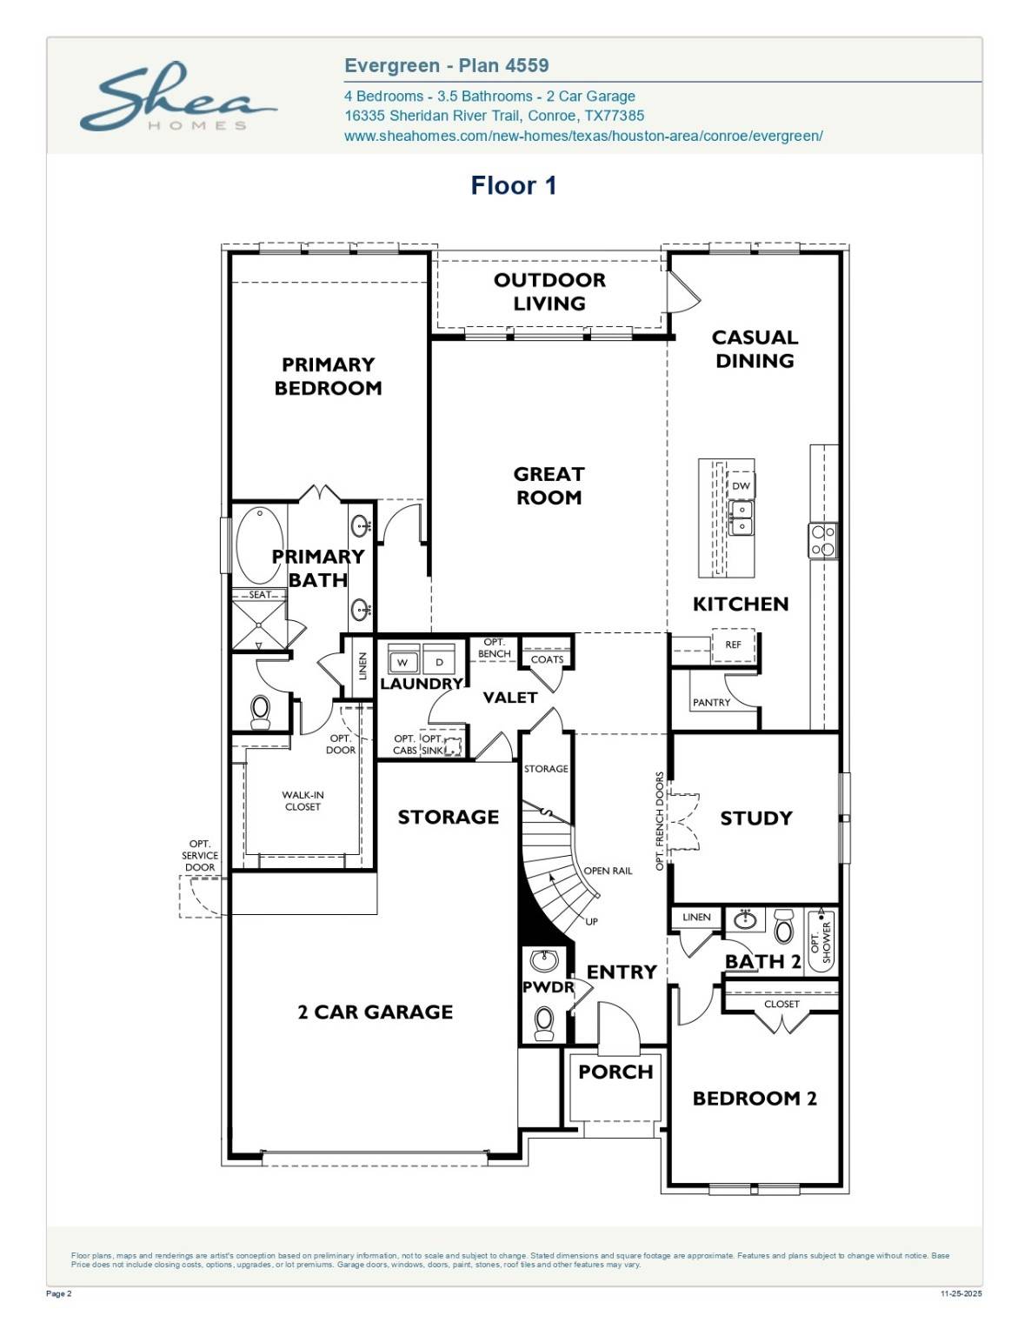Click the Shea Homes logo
click(177, 97)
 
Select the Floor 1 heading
click(513, 185)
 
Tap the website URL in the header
click(583, 136)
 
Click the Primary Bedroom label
click(328, 376)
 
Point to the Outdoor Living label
click(549, 291)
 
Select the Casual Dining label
click(754, 349)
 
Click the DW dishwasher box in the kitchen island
click(741, 486)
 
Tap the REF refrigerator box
click(733, 645)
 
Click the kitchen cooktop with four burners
click(822, 539)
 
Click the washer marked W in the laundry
click(402, 662)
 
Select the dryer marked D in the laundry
click(439, 662)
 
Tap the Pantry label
click(711, 702)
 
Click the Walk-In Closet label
click(303, 800)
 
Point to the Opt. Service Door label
click(200, 855)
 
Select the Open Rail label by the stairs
click(608, 871)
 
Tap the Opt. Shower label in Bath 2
click(821, 942)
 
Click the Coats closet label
click(547, 659)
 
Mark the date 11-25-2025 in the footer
click(961, 1293)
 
